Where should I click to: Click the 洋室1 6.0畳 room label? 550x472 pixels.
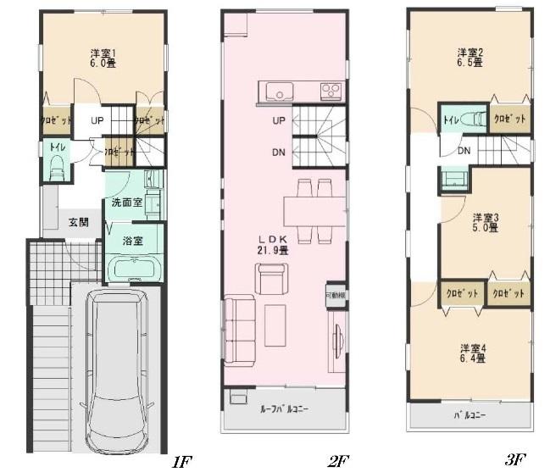103,59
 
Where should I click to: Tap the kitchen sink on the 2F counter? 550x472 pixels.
278,91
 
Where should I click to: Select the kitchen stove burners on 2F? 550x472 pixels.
329,91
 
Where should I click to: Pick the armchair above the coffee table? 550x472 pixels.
271,278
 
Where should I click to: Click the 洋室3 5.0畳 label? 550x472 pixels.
486,222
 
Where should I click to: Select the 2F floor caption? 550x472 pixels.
339,460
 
